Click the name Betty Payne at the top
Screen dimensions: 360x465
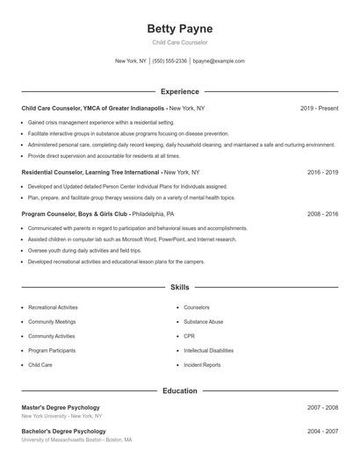(x=180, y=29)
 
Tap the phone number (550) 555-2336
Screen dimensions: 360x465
(x=169, y=61)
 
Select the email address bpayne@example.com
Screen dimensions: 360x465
(x=219, y=61)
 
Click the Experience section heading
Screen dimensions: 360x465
(x=180, y=91)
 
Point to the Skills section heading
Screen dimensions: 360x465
(x=180, y=287)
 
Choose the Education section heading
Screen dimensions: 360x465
(x=180, y=390)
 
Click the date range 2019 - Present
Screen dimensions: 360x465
(x=319, y=108)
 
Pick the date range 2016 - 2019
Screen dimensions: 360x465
(x=322, y=173)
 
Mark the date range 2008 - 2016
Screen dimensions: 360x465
(x=322, y=213)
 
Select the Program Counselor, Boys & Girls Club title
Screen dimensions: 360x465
(x=76, y=213)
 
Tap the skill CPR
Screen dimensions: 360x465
(x=189, y=336)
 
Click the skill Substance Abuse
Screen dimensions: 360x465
(x=203, y=322)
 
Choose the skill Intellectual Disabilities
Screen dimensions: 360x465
(x=208, y=350)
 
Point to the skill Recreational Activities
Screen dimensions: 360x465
(x=53, y=308)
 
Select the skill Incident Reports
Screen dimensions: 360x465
(x=202, y=364)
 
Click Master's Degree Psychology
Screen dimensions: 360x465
(x=61, y=407)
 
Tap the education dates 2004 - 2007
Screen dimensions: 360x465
(x=322, y=432)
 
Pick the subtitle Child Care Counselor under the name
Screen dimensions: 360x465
(x=180, y=42)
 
